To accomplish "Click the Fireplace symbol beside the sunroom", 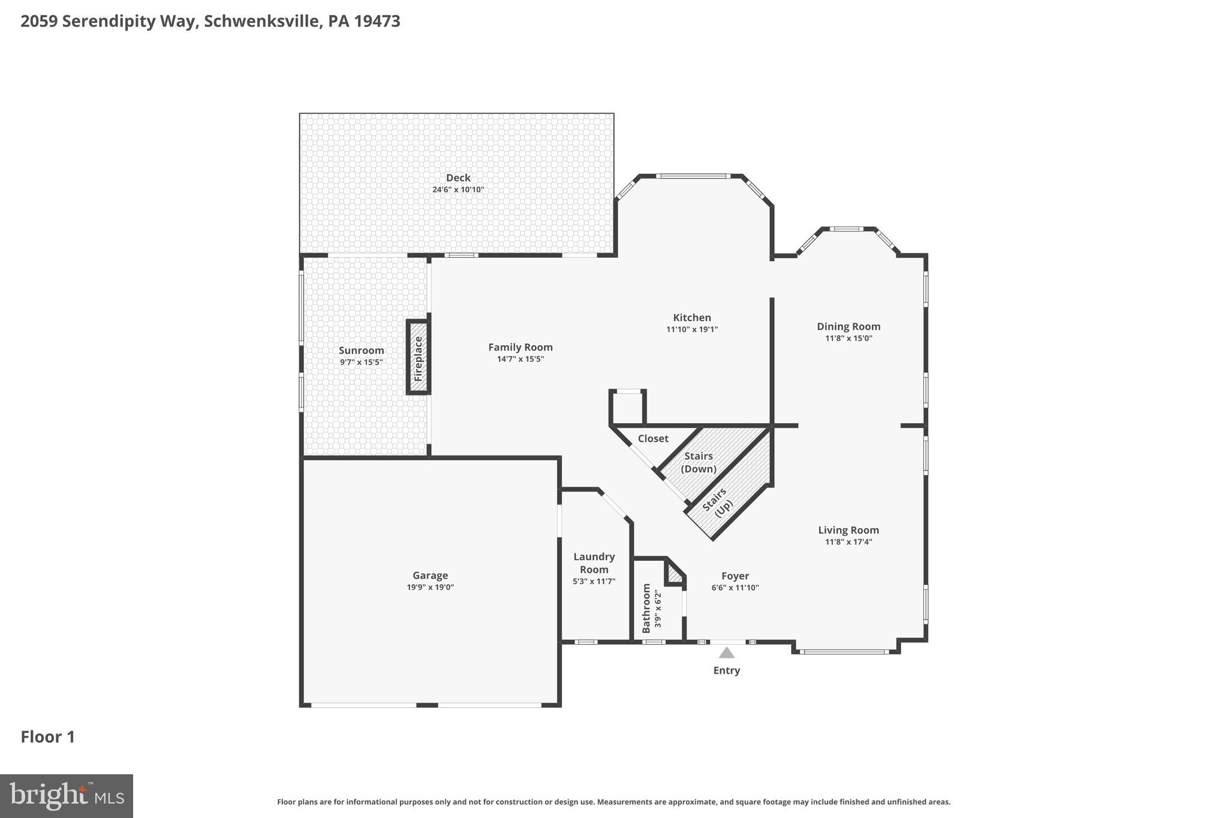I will point(419,358).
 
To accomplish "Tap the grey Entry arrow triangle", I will point(726,653).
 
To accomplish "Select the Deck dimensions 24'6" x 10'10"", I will point(458,189).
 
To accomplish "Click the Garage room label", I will point(430,575).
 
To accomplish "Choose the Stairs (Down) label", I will point(699,462).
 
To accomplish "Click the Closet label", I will point(653,439).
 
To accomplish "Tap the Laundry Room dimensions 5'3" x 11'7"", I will point(594,581).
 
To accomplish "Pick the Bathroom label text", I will point(646,608).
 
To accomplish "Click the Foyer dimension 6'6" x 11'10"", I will point(735,588).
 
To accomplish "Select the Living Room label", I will point(848,530).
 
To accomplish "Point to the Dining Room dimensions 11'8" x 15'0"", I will point(848,338).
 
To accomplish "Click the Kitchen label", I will point(692,318).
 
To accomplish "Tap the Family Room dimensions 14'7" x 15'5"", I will point(520,359).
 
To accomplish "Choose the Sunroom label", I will point(361,351).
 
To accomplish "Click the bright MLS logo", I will point(67,796).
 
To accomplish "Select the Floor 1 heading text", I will point(48,736).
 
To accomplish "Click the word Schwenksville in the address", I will point(263,22).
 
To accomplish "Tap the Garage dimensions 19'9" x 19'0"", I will point(430,587).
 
